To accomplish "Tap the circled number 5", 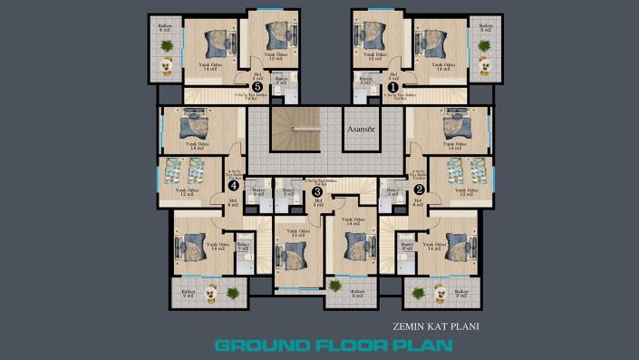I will point(258,88).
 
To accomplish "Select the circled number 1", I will point(382,88).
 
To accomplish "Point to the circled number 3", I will point(316,191).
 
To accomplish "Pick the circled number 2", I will point(419,189).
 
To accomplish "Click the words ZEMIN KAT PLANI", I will point(436,326).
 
